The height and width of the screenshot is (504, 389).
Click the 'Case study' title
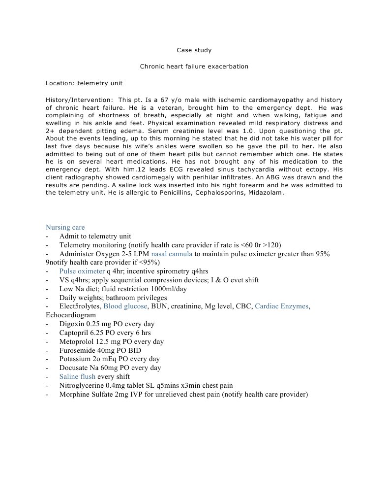[194, 50]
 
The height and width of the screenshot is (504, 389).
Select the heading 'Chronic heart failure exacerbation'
[194, 67]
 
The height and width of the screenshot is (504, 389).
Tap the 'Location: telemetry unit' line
[84, 83]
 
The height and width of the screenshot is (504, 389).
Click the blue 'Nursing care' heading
[65, 228]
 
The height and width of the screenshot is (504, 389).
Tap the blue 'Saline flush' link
[78, 376]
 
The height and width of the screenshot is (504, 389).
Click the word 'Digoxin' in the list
[72, 324]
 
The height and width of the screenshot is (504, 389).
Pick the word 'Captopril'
[74, 333]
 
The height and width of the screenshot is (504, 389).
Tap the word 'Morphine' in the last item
[74, 394]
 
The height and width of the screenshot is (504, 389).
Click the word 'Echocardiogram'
[71, 315]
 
